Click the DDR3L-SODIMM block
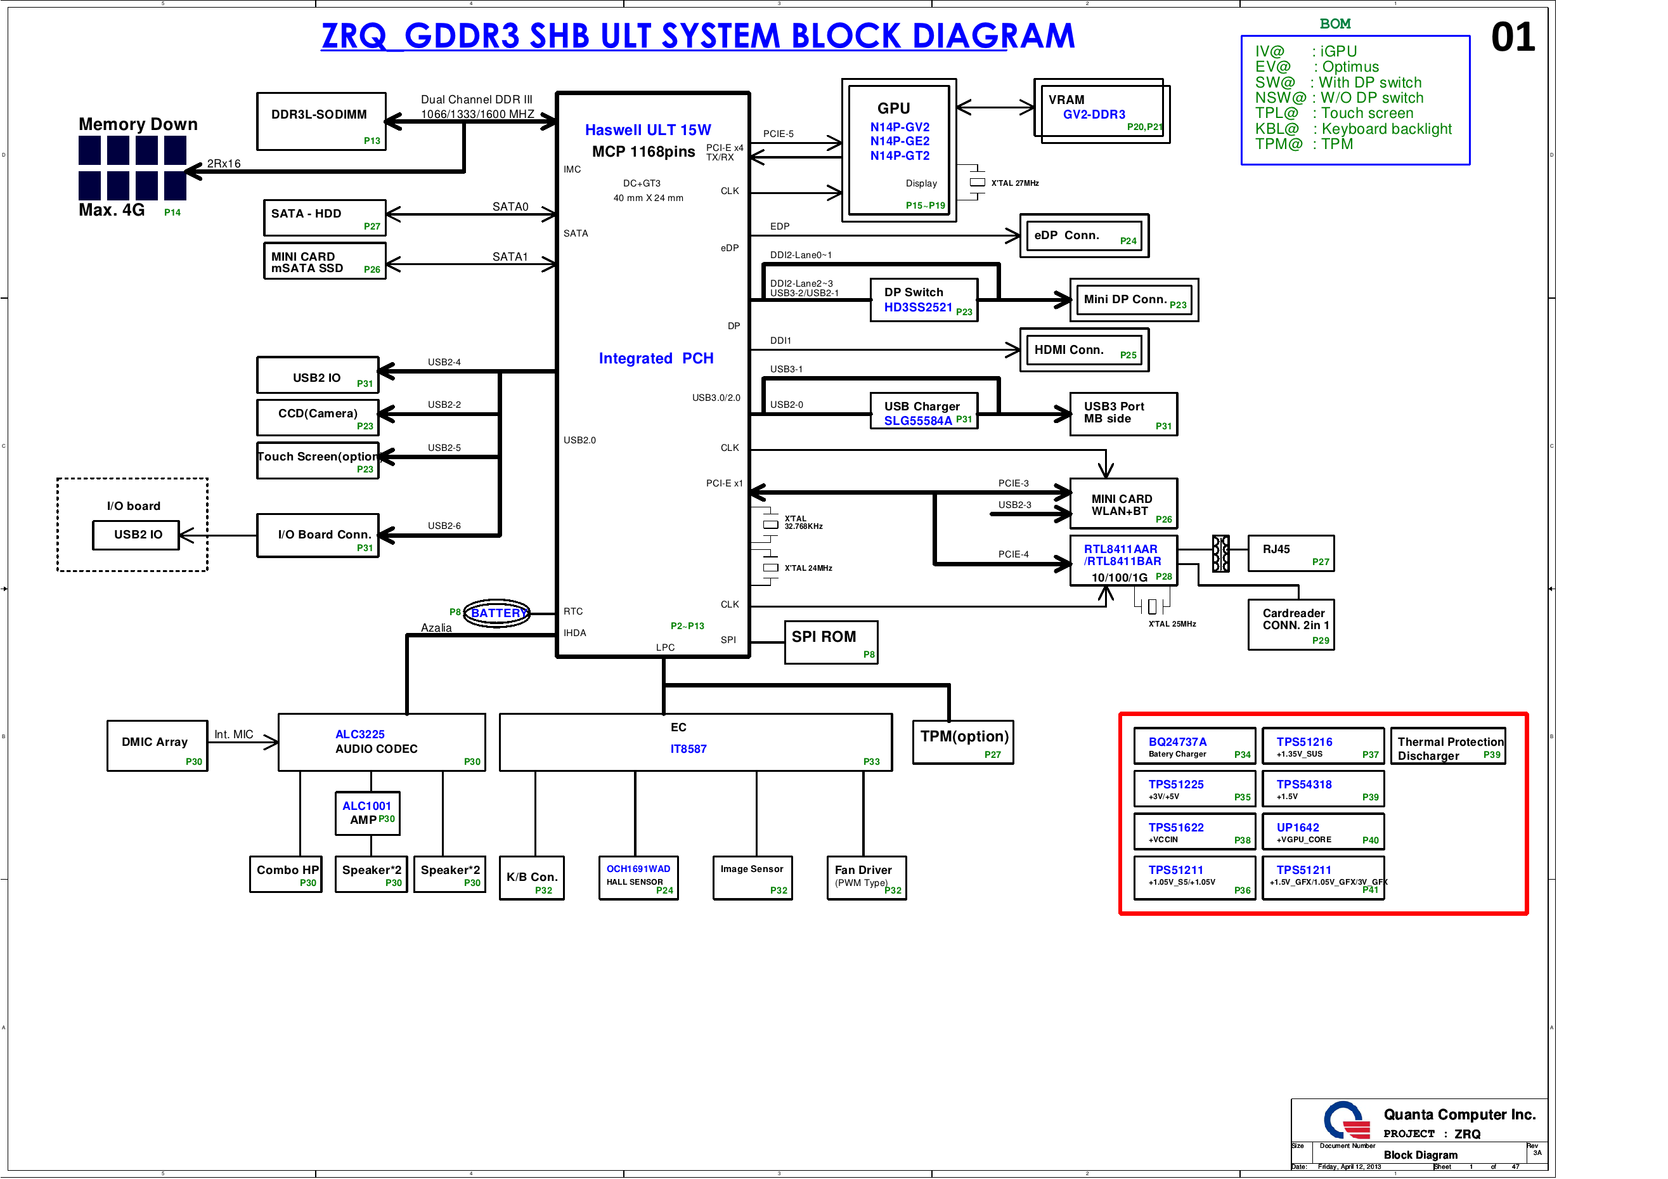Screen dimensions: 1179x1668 point(320,121)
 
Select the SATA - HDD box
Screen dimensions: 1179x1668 point(323,218)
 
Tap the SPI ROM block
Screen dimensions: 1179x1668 point(831,642)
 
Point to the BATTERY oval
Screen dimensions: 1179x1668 point(497,613)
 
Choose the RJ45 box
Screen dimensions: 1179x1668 point(1290,553)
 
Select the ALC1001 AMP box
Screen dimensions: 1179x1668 point(367,812)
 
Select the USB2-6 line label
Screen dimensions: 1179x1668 point(444,526)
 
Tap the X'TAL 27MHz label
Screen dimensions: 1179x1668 point(1014,183)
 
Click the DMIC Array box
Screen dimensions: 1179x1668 point(157,746)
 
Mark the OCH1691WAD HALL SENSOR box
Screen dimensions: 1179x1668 point(638,877)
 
